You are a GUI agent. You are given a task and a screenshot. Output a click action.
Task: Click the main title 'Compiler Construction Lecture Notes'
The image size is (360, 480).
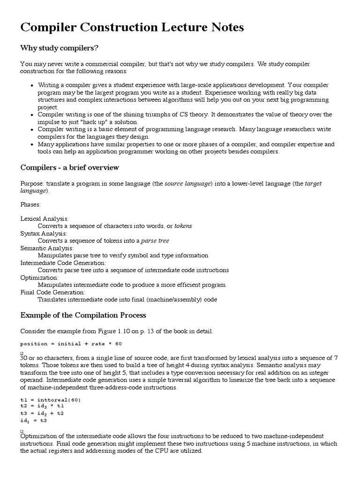(x=132, y=28)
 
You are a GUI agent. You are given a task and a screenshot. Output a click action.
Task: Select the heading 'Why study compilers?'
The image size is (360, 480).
(x=59, y=48)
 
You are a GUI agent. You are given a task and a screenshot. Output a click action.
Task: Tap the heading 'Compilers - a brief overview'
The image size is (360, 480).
(x=69, y=167)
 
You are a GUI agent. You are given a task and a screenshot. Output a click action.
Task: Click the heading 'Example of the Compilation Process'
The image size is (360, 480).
(x=83, y=315)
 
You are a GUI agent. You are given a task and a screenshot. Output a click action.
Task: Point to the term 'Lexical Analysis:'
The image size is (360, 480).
(x=45, y=219)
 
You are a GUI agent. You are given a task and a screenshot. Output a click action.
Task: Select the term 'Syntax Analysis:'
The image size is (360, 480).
(x=44, y=233)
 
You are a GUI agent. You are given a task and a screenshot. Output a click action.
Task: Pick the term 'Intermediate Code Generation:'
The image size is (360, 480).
(x=63, y=262)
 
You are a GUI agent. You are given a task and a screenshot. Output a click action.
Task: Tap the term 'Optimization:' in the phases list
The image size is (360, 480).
(x=39, y=277)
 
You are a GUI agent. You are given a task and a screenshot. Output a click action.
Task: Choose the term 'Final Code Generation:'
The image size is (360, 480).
(x=52, y=292)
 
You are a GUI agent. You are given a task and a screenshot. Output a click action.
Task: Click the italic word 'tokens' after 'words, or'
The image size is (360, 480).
(x=183, y=226)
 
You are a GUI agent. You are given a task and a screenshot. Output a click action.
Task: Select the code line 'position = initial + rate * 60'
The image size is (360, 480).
(x=71, y=344)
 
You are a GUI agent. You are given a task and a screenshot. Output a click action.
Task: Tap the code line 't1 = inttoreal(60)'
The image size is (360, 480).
(x=50, y=400)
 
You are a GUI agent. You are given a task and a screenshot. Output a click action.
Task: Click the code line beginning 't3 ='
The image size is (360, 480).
(x=42, y=413)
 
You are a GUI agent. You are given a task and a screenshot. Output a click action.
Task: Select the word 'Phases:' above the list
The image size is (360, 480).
(x=30, y=204)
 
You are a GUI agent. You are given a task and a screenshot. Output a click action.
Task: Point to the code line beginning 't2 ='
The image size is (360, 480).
(x=42, y=406)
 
